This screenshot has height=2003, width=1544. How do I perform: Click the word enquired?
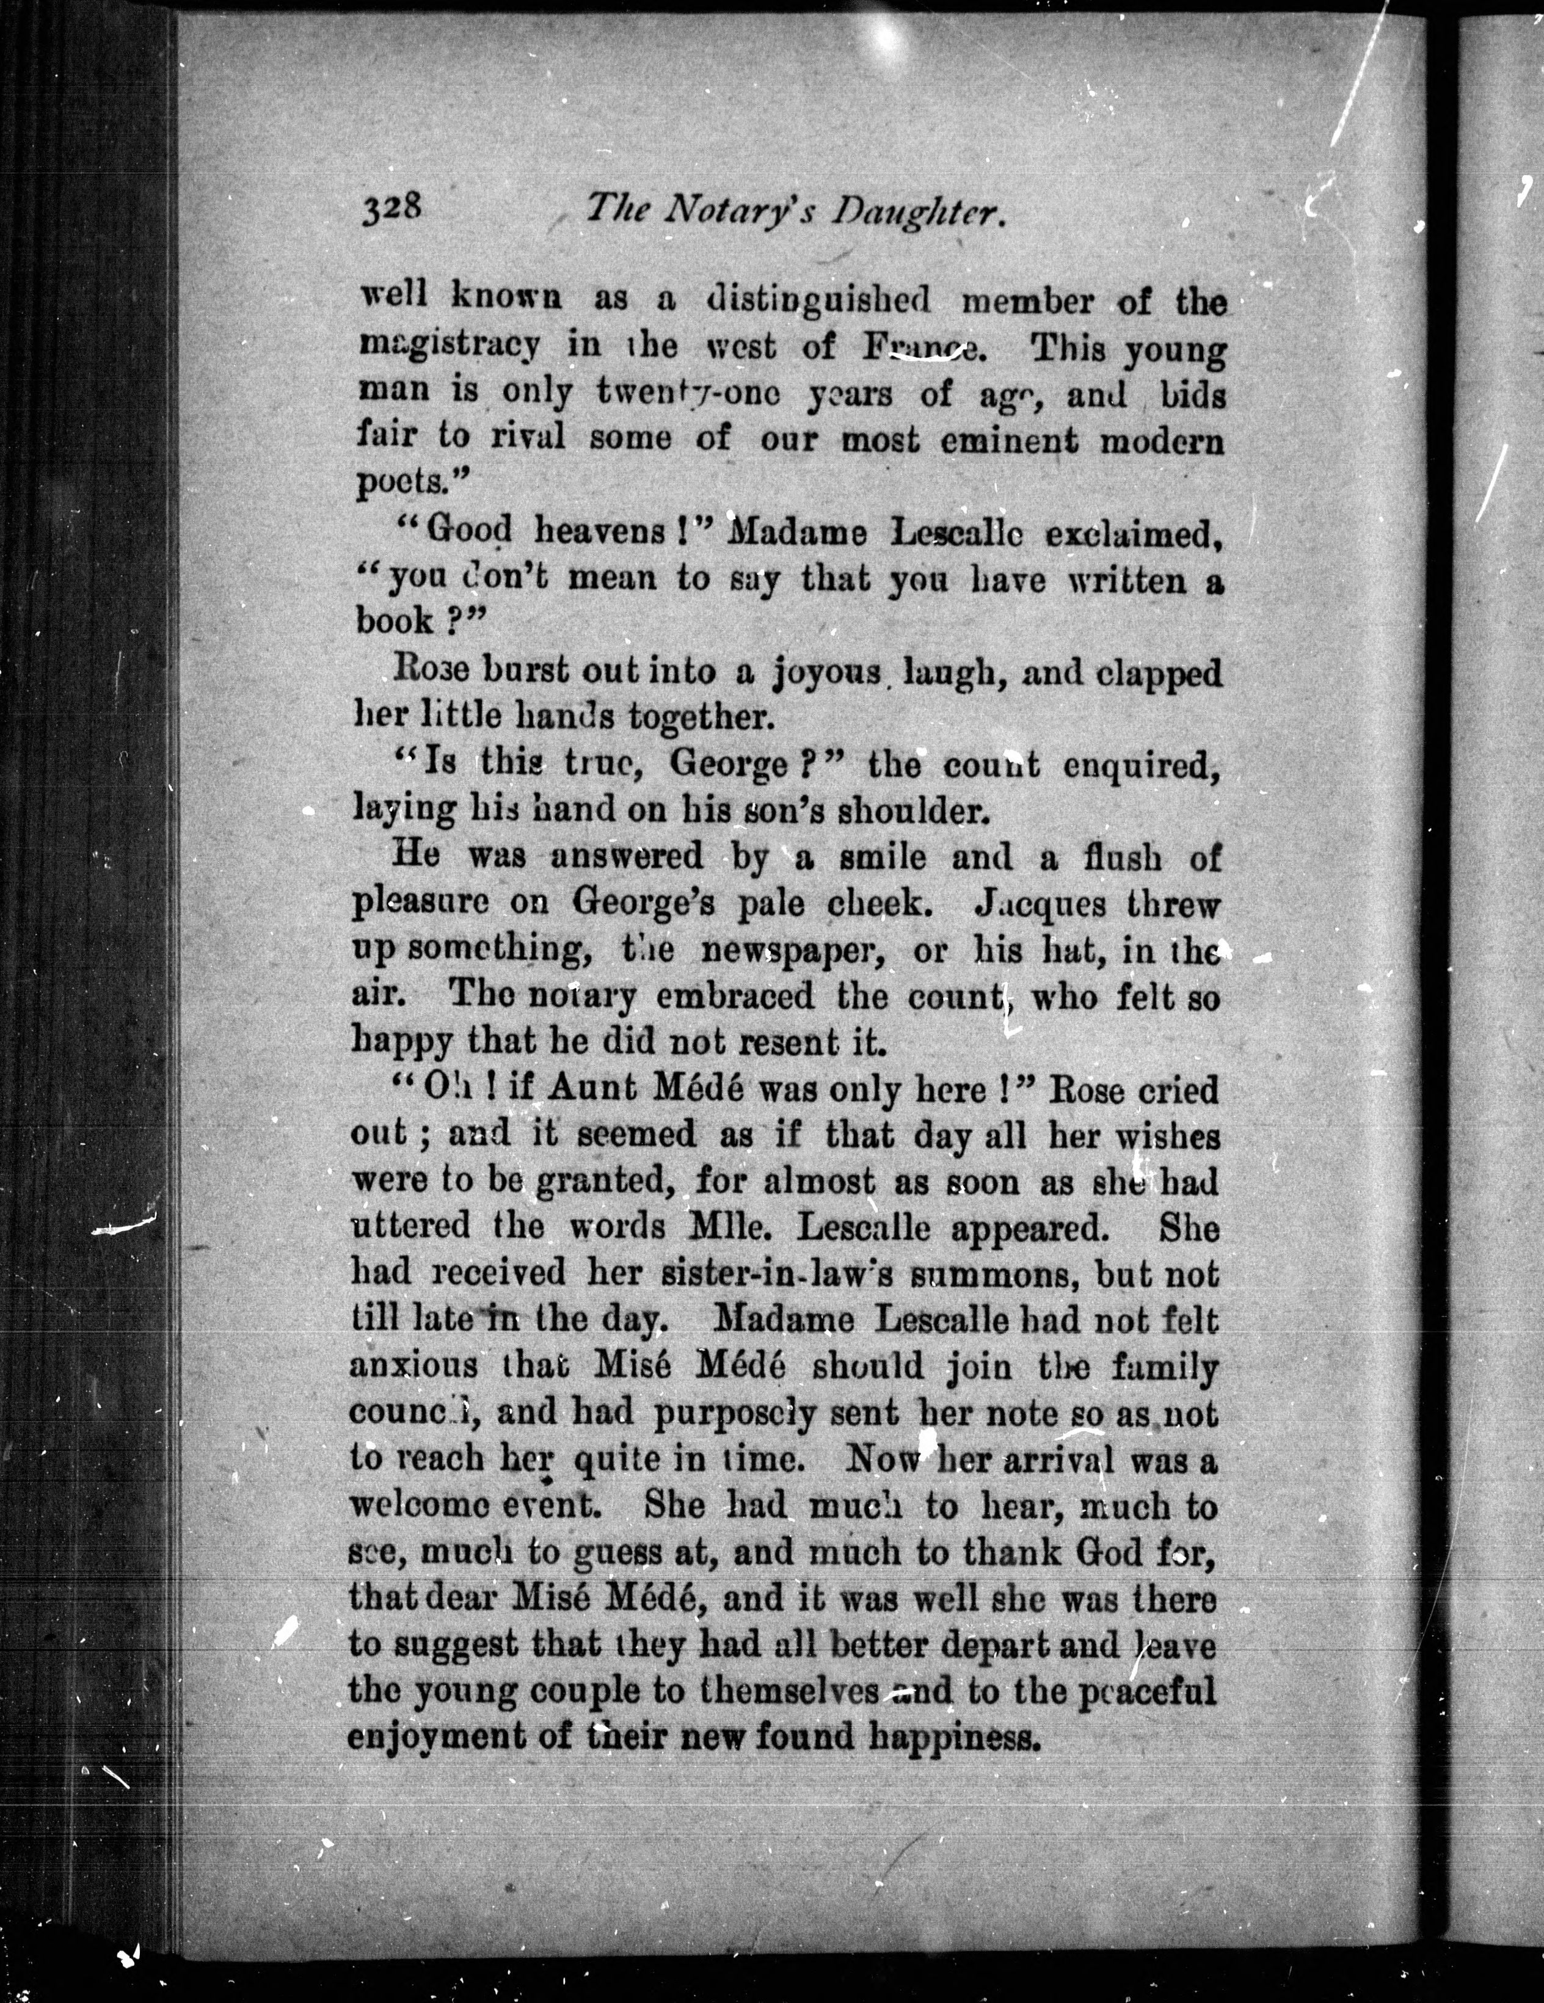[x=1142, y=766]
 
